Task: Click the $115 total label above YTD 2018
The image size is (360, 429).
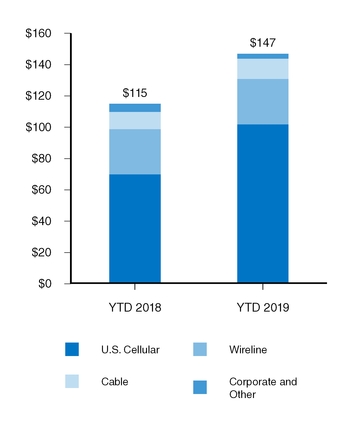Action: [x=134, y=93]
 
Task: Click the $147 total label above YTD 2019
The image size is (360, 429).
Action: [x=262, y=43]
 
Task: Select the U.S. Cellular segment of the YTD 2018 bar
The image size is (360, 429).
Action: [x=134, y=228]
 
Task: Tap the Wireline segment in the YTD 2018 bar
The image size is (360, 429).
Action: [x=134, y=151]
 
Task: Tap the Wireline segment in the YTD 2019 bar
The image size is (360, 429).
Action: [x=262, y=101]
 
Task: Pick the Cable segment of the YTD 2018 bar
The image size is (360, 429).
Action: [x=134, y=120]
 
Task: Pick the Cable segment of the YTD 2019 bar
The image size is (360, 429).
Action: [x=262, y=69]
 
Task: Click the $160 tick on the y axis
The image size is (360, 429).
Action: [x=39, y=34]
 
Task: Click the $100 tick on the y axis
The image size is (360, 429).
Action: [x=39, y=128]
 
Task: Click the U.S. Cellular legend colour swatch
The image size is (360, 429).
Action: [x=72, y=349]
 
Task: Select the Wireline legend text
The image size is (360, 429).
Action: [x=251, y=349]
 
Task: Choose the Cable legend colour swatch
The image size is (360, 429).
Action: [x=72, y=382]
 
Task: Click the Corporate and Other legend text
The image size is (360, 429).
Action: [x=262, y=388]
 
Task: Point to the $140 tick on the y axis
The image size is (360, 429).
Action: [x=39, y=65]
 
